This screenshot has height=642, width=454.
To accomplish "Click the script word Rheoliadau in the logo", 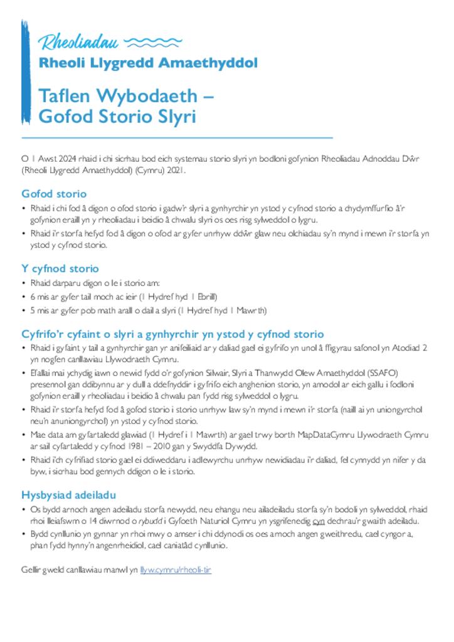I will point(80,43).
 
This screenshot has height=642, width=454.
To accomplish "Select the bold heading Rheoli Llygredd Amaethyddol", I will point(148,63).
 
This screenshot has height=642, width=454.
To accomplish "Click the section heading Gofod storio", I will point(54,194).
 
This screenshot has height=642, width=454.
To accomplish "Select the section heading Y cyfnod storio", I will point(60,269).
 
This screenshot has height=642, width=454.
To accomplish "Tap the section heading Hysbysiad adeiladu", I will point(69,494).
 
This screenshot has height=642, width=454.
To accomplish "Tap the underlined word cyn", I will point(318,521).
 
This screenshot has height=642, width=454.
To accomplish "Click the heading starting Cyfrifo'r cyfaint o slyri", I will point(172,334).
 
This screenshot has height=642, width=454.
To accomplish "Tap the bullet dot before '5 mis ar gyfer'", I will point(24,310).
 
